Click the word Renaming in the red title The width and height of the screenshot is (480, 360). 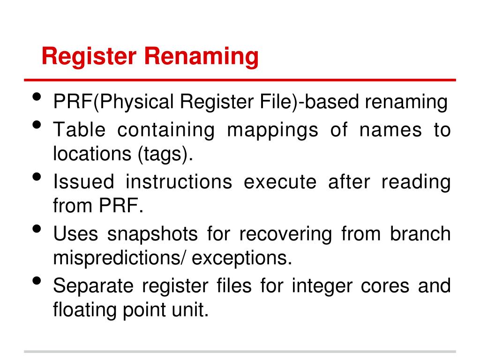point(201,57)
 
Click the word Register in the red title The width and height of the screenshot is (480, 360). point(89,57)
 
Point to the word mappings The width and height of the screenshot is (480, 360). point(272,130)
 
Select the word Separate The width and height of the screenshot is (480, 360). point(94,285)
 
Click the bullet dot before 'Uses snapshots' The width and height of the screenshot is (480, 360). point(37,229)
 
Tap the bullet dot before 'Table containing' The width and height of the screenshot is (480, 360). point(37,126)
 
